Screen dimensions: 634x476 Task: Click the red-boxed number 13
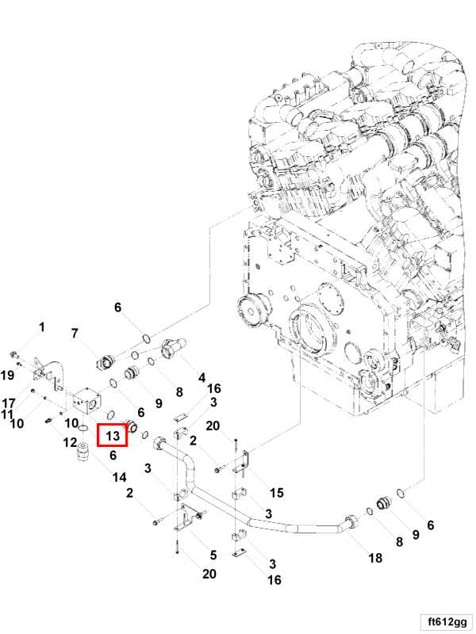click(112, 436)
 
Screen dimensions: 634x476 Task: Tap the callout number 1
click(42, 327)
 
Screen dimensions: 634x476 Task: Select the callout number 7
click(75, 333)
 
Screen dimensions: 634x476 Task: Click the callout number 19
click(8, 374)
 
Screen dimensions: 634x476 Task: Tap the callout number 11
click(7, 414)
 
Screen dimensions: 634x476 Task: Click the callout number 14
click(119, 477)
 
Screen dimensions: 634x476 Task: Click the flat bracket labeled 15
click(247, 464)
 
